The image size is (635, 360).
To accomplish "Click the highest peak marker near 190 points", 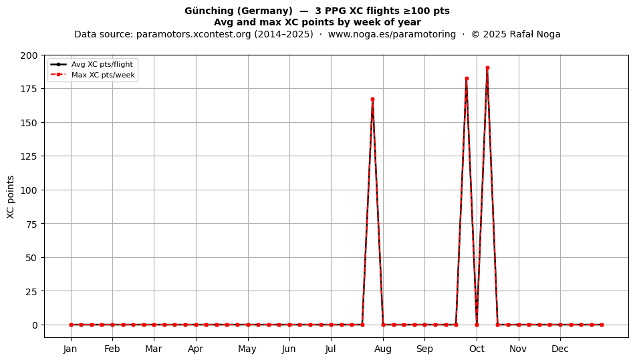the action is coord(487,68).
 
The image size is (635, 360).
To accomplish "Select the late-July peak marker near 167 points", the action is coord(372,99).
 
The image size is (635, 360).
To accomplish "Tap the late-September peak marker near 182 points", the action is coord(467,78).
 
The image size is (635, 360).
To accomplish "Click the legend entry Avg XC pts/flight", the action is coord(102,64).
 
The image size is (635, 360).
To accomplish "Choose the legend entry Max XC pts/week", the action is coord(103,75).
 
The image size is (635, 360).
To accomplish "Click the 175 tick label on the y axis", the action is coord(29,89).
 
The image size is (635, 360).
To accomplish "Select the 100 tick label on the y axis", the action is coord(29,190).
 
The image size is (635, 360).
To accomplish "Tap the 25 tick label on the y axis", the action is coord(31,291).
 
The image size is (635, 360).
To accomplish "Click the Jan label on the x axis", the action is coord(70,349).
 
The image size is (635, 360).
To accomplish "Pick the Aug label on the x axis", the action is coord(383,349).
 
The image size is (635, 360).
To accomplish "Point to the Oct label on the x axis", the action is coord(477,349).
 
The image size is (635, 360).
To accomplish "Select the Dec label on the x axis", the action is coord(560,349).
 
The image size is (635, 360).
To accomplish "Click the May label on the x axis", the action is coord(247,349).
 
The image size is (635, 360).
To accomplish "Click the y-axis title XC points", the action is coord(11,197).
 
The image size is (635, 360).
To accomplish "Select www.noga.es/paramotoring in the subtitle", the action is coord(392,34).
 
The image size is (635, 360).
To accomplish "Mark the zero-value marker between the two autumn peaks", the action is coord(477,325).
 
